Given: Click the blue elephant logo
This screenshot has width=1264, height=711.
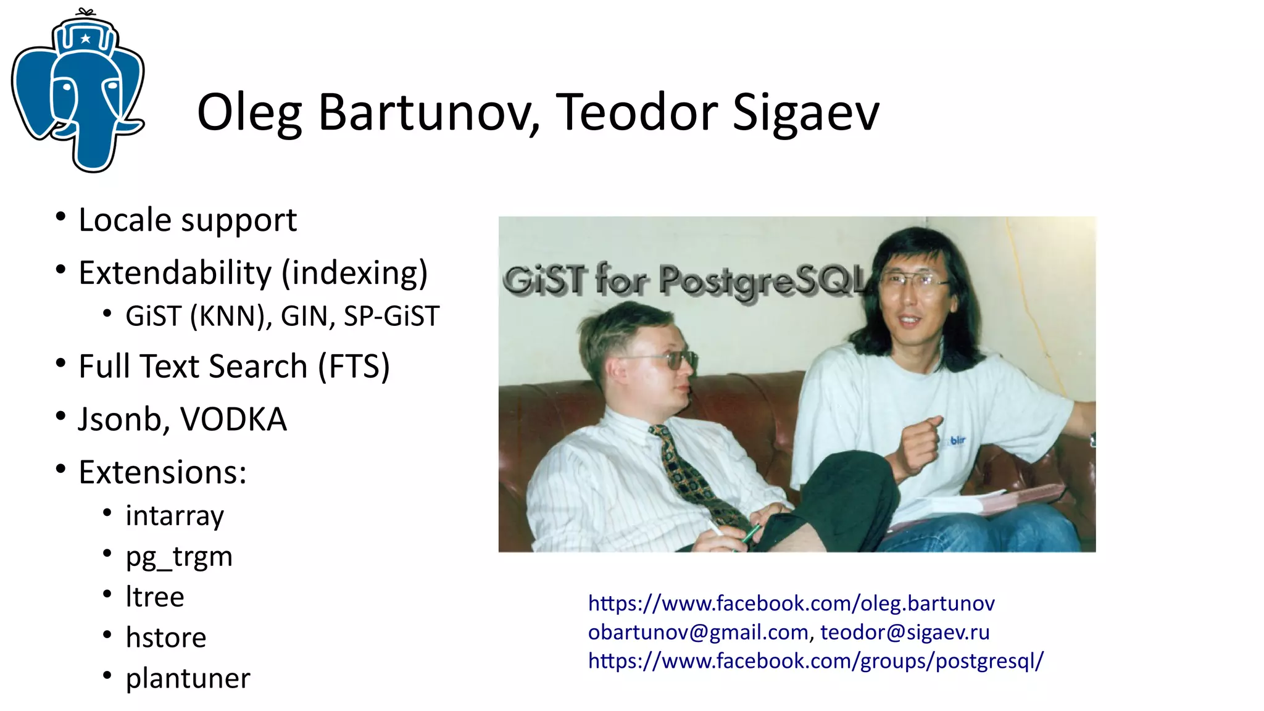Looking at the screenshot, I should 78,93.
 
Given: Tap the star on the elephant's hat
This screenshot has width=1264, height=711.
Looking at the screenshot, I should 85,39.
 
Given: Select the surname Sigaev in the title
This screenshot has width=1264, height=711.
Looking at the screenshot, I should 805,113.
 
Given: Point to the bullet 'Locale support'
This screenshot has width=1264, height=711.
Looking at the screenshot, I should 188,220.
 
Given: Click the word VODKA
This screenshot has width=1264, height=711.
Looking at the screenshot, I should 233,420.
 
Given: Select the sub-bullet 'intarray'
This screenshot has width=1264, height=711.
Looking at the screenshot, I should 175,515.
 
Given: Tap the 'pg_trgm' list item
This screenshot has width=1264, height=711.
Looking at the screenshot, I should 179,557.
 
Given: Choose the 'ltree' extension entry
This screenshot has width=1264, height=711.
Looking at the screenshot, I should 155,597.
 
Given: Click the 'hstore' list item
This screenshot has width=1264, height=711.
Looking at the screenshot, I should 166,638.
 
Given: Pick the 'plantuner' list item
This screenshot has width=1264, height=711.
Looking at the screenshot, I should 188,678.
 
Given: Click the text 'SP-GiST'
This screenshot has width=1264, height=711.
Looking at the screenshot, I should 391,317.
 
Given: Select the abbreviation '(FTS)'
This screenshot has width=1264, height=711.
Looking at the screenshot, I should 354,367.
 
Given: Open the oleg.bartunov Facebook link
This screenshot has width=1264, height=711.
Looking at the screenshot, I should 791,603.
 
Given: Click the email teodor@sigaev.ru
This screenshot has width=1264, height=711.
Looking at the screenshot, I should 905,632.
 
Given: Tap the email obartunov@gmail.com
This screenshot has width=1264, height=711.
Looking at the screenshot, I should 698,632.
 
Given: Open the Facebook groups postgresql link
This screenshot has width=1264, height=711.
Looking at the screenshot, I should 815,661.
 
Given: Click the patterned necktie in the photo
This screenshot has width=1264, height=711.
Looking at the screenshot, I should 691,475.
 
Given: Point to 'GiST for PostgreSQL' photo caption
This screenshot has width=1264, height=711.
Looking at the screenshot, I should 685,281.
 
